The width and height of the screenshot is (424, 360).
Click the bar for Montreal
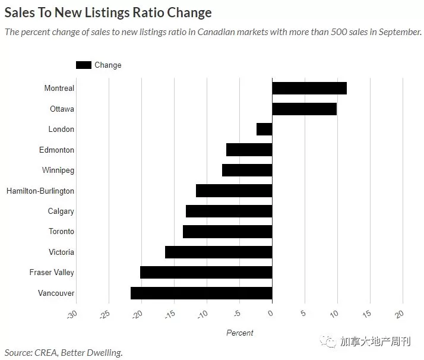click(309, 88)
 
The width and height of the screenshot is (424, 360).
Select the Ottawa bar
click(305, 109)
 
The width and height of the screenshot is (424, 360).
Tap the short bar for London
click(264, 130)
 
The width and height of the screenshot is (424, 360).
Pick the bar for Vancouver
click(201, 293)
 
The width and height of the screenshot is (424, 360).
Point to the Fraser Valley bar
click(206, 272)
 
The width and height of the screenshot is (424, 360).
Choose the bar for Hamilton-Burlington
click(234, 191)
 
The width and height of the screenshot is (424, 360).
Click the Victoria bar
click(219, 252)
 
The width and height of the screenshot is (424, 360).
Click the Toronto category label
click(61, 232)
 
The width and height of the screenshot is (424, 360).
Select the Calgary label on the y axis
click(61, 211)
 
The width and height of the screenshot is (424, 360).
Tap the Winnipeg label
click(58, 170)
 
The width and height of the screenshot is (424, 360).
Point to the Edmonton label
click(56, 150)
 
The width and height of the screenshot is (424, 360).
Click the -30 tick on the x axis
click(72, 314)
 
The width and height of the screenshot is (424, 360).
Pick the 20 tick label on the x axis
click(399, 314)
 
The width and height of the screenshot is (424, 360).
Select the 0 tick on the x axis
click(270, 313)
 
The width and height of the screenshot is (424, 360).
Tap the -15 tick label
click(170, 314)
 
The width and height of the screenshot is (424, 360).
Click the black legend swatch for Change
click(84, 65)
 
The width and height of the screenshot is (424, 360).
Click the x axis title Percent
click(240, 333)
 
